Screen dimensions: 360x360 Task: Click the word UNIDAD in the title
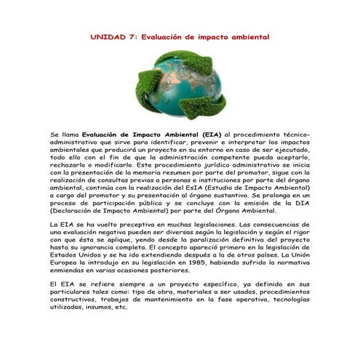[x=105, y=36]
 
